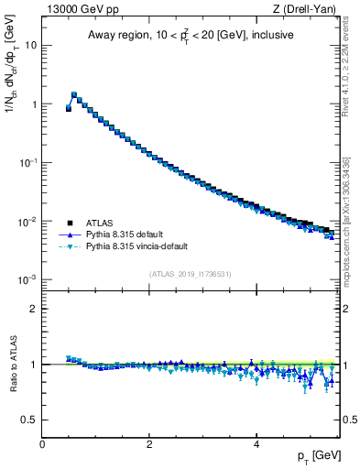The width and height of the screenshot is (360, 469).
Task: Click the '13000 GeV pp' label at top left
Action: pyautogui.click(x=76, y=10)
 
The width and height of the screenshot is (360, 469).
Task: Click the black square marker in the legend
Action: pyautogui.click(x=69, y=223)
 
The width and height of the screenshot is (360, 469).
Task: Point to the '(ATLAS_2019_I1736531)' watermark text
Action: pyautogui.click(x=191, y=274)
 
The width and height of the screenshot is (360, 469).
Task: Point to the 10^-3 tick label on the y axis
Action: pyautogui.click(x=27, y=279)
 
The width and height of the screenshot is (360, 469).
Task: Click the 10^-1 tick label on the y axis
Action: pyautogui.click(x=27, y=162)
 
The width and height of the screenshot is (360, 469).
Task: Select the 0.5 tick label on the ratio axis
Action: pyautogui.click(x=28, y=420)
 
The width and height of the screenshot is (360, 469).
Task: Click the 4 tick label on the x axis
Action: pyautogui.click(x=256, y=444)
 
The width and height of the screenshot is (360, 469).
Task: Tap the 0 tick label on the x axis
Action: pyautogui.click(x=42, y=444)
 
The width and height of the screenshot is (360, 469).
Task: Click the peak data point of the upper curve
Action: pyautogui.click(x=74, y=94)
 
